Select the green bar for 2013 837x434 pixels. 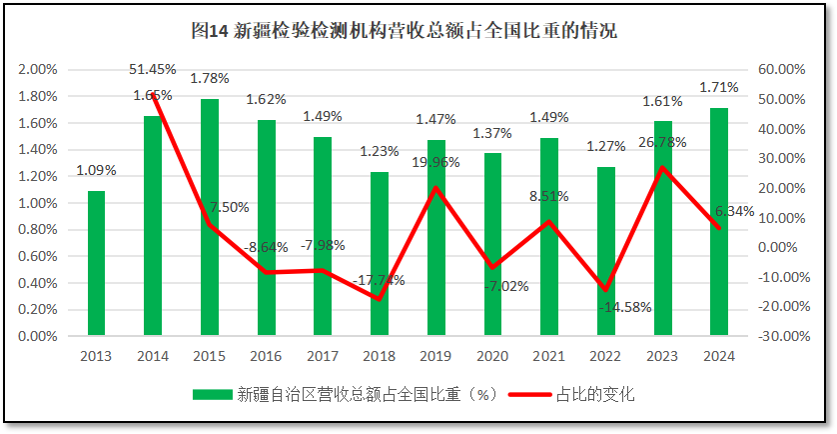pos(96,263)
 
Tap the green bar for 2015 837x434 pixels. pos(210,217)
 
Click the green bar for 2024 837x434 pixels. pos(719,221)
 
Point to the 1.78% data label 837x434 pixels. pos(210,78)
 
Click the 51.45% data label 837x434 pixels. pos(153,69)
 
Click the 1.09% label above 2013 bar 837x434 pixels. pos(96,170)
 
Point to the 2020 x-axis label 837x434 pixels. pos(492,355)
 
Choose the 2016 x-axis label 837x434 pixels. pos(266,355)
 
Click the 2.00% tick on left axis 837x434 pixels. pos(38,69)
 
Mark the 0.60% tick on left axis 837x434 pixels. pos(38,256)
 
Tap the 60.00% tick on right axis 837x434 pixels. pos(781,69)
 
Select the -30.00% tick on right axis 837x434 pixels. pos(781,336)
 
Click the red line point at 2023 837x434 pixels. pos(663,167)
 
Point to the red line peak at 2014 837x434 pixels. pos(153,94)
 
